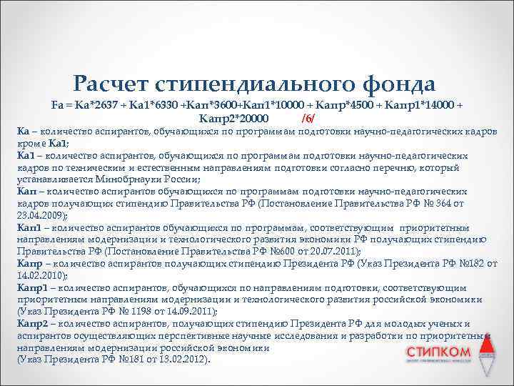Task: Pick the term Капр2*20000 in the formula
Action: point(233,117)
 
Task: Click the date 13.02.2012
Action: point(179,361)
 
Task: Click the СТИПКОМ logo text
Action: point(438,352)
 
